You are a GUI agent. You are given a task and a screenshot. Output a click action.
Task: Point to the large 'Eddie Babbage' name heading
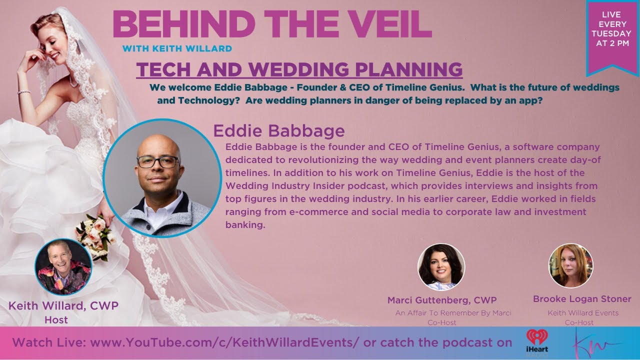pos(279,131)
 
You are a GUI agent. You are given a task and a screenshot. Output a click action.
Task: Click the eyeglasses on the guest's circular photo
pos(157,161)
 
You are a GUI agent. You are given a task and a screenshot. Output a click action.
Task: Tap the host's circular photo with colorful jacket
pos(63,267)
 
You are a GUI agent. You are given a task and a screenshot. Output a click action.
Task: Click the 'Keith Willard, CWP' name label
pos(63,306)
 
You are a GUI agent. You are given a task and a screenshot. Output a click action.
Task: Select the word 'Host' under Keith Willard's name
pos(56,320)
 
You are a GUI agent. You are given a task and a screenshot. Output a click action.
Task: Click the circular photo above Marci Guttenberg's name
pos(441,267)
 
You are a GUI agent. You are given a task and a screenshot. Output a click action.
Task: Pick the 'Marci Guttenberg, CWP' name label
pos(442,300)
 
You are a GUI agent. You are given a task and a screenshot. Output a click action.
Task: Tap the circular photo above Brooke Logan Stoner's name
pos(570,265)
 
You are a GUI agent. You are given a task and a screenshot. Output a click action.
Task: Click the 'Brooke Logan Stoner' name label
pos(582,299)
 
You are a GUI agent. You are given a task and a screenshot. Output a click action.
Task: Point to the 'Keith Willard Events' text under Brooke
pos(583,313)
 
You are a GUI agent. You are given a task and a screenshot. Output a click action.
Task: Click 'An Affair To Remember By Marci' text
pos(453,313)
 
